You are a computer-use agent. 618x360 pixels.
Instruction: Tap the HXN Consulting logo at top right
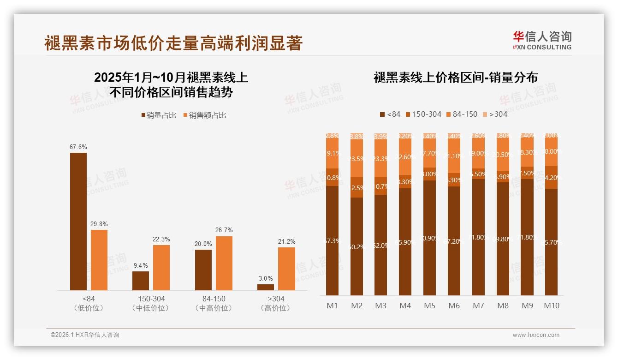coord(542,41)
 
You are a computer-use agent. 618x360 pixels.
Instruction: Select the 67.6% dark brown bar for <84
coord(78,221)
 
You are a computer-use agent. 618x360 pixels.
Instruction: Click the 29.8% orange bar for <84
coord(99,260)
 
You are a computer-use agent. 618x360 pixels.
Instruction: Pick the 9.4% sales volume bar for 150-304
coord(141,281)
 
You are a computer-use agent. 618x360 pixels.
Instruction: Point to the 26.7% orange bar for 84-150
coord(224,263)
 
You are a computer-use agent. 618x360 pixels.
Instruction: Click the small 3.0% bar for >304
coord(265,287)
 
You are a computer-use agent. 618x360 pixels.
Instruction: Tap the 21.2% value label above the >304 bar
coord(286,241)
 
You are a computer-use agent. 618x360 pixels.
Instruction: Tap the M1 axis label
coord(332,306)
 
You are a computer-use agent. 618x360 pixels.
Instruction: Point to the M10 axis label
coord(552,306)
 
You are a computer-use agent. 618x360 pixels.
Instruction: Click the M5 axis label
coord(429,306)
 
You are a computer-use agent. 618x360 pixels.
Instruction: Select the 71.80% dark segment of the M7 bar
coord(478,237)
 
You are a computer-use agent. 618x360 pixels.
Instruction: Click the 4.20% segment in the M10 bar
coord(552,177)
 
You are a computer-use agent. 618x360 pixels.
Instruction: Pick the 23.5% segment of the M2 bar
coord(357,158)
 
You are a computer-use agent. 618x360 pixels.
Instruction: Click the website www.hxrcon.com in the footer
coord(536,335)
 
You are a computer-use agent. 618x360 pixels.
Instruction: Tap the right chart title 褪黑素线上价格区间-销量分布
coord(455,78)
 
